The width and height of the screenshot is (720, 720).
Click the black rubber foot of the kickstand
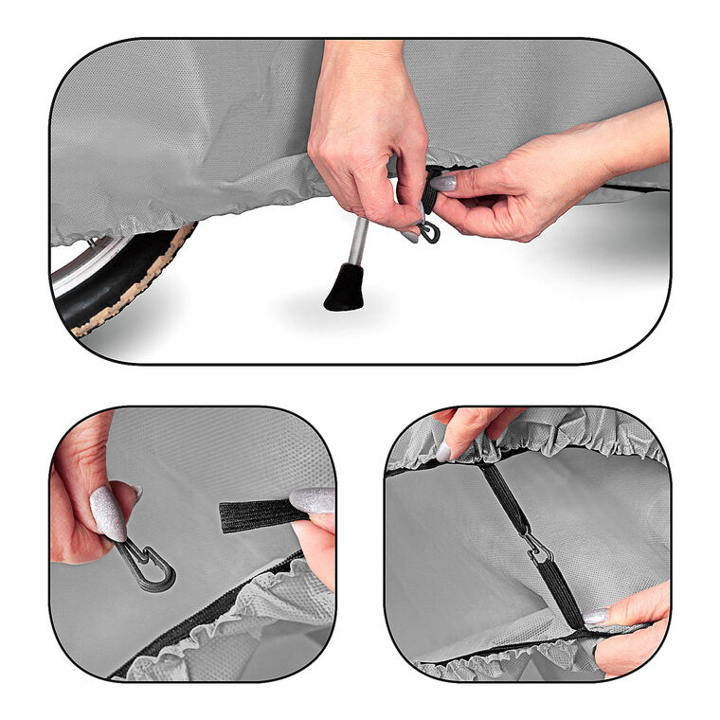pos(344,290)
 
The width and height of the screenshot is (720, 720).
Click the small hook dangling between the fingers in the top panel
pos(430,231)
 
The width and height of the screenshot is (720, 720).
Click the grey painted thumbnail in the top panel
pos(443,181)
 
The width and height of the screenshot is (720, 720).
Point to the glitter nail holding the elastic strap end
pos(313,501)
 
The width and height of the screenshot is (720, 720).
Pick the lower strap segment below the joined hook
pos(561,592)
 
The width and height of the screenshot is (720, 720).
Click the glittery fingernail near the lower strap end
pos(595,617)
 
